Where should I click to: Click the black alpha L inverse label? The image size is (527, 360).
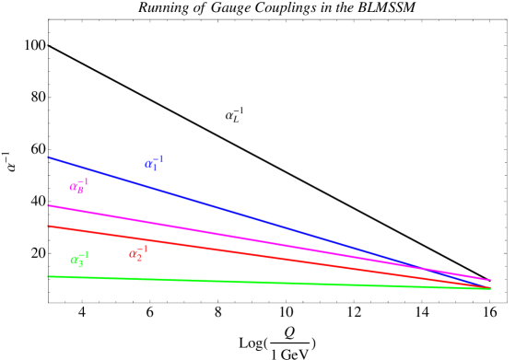pyautogui.click(x=235, y=115)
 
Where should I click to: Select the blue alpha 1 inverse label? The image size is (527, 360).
pyautogui.click(x=154, y=163)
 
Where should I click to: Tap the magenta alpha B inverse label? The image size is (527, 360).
pyautogui.click(x=79, y=185)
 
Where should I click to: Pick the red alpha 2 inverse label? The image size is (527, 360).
pyautogui.click(x=138, y=252)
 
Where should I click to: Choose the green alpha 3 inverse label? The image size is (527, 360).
pyautogui.click(x=80, y=259)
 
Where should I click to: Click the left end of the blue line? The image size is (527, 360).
pyautogui.click(x=49, y=157)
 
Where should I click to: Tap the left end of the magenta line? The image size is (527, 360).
pyautogui.click(x=49, y=205)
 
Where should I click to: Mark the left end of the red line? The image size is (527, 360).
pyautogui.click(x=49, y=226)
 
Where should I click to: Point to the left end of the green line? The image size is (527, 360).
pyautogui.click(x=49, y=276)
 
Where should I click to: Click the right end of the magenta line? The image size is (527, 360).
pyautogui.click(x=489, y=280)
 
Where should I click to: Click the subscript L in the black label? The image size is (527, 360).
pyautogui.click(x=237, y=119)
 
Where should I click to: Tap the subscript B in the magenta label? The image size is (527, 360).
pyautogui.click(x=81, y=190)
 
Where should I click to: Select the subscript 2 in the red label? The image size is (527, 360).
pyautogui.click(x=140, y=257)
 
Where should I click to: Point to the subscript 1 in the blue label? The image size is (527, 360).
pyautogui.click(x=156, y=167)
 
